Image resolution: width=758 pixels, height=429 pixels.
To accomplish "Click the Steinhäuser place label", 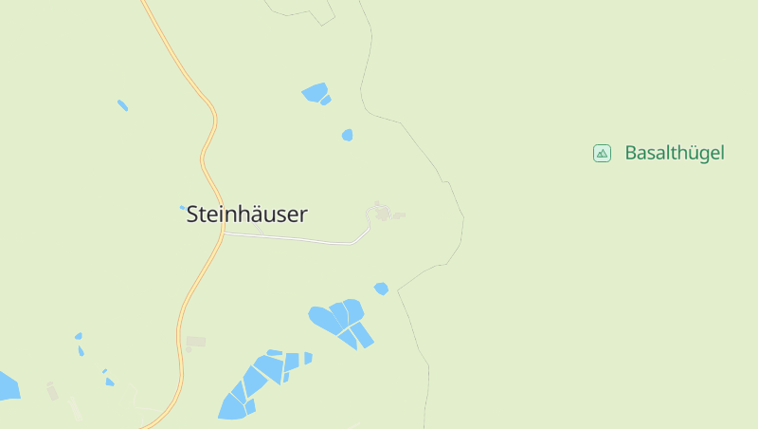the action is tap(246, 214).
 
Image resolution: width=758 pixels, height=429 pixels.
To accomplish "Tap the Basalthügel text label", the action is tap(674, 153).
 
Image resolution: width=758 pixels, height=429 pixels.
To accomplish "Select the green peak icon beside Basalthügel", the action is tap(602, 153).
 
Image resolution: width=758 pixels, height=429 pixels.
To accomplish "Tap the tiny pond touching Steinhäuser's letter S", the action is tap(183, 207).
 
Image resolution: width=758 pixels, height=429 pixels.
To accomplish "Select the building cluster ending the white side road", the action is tap(382, 214).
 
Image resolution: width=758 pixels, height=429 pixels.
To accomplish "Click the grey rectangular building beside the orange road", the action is tap(196, 341).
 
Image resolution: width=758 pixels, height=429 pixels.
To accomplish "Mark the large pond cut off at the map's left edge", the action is tap(7, 385).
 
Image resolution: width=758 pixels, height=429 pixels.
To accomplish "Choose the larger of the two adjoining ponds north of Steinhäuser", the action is tap(314, 91).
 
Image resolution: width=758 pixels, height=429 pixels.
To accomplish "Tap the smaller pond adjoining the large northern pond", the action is tap(326, 100).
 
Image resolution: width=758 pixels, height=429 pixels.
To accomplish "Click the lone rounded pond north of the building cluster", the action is tap(348, 135).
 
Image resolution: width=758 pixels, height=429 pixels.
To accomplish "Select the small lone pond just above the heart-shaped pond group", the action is tap(381, 289).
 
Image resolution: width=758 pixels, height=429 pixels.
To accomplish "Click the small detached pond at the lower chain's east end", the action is tap(308, 358).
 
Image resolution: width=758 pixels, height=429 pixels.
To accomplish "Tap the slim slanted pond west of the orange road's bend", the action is tap(122, 104).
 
